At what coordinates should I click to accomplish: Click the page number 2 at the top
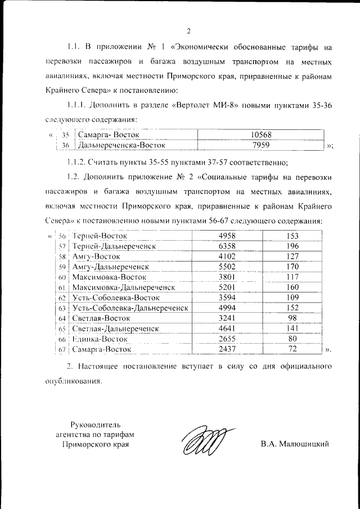[189, 30]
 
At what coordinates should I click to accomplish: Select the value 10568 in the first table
[258, 135]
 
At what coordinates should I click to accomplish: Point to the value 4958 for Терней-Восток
[230, 235]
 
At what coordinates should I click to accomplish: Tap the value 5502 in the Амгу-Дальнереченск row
[230, 266]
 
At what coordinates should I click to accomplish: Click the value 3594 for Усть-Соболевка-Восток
[230, 297]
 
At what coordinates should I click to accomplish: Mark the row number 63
[62, 308]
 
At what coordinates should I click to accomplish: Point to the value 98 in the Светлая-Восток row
[292, 318]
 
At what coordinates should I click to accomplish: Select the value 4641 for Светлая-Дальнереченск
[230, 328]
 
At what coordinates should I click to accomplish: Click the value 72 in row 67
[292, 349]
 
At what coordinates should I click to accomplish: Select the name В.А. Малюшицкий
[294, 444]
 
